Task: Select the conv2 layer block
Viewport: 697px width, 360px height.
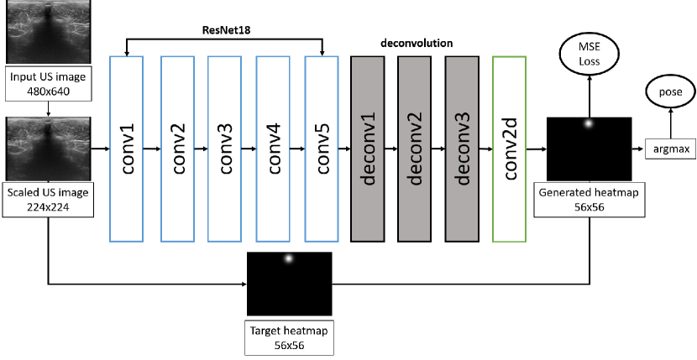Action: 178,149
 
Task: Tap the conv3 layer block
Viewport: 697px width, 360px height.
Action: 225,149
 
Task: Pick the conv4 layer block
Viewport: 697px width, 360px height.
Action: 273,149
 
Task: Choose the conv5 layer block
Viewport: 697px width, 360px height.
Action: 321,149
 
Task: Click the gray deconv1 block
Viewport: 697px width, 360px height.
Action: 369,149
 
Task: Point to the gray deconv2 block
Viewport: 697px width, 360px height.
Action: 416,149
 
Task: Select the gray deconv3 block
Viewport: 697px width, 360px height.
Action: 463,149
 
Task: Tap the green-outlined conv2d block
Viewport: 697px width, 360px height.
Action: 511,149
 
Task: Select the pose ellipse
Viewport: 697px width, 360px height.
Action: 670,91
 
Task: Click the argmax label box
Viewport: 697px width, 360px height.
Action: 671,149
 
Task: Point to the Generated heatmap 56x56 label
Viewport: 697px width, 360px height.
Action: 588,199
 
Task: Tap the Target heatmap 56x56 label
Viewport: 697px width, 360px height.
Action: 289,338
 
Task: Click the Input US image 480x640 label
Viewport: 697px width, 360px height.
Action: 48,83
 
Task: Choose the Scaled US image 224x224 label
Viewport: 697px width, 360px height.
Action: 49,200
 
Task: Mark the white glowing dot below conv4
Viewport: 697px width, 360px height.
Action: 288,258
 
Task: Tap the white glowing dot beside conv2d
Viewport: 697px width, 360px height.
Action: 588,123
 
